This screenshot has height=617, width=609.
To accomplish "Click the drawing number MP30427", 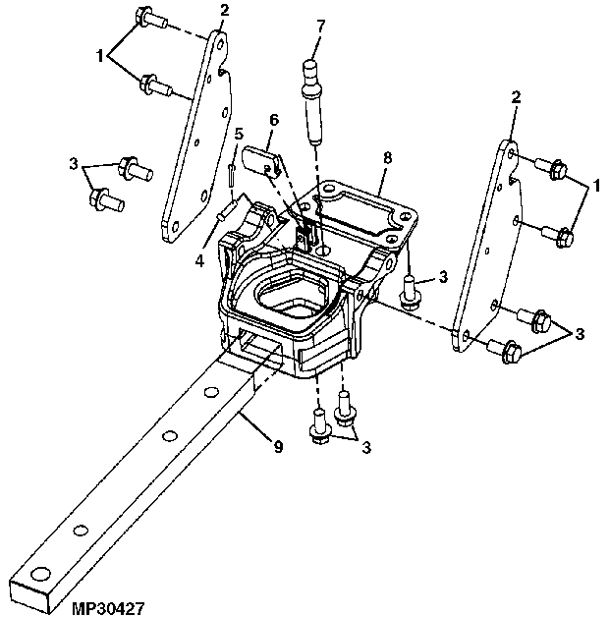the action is coord(109,608).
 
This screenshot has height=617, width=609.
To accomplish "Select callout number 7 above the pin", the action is coord(320,27).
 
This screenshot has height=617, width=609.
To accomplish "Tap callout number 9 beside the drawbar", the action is coord(278,447).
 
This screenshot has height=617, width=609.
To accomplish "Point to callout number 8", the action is coord(387,158).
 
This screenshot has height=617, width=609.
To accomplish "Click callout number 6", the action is coord(274,120).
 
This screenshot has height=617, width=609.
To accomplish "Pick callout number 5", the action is coord(239,134).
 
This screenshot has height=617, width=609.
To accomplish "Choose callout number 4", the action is coord(199,261).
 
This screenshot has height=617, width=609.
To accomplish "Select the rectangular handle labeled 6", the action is coord(261,158).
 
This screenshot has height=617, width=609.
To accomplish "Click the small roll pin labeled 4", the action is coord(227,209).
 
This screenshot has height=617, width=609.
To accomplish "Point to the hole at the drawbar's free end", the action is coord(39,574).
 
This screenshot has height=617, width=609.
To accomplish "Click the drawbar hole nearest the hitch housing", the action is coord(211,392).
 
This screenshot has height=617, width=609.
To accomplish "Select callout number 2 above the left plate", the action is coord(224,11).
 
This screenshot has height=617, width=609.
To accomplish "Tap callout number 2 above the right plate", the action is coord(516,97).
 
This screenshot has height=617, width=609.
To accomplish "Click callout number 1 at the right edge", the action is coord(597,186).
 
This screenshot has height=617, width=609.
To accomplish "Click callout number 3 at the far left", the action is coord(74,164).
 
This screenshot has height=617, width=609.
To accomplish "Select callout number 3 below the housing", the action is coord(366,447).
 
